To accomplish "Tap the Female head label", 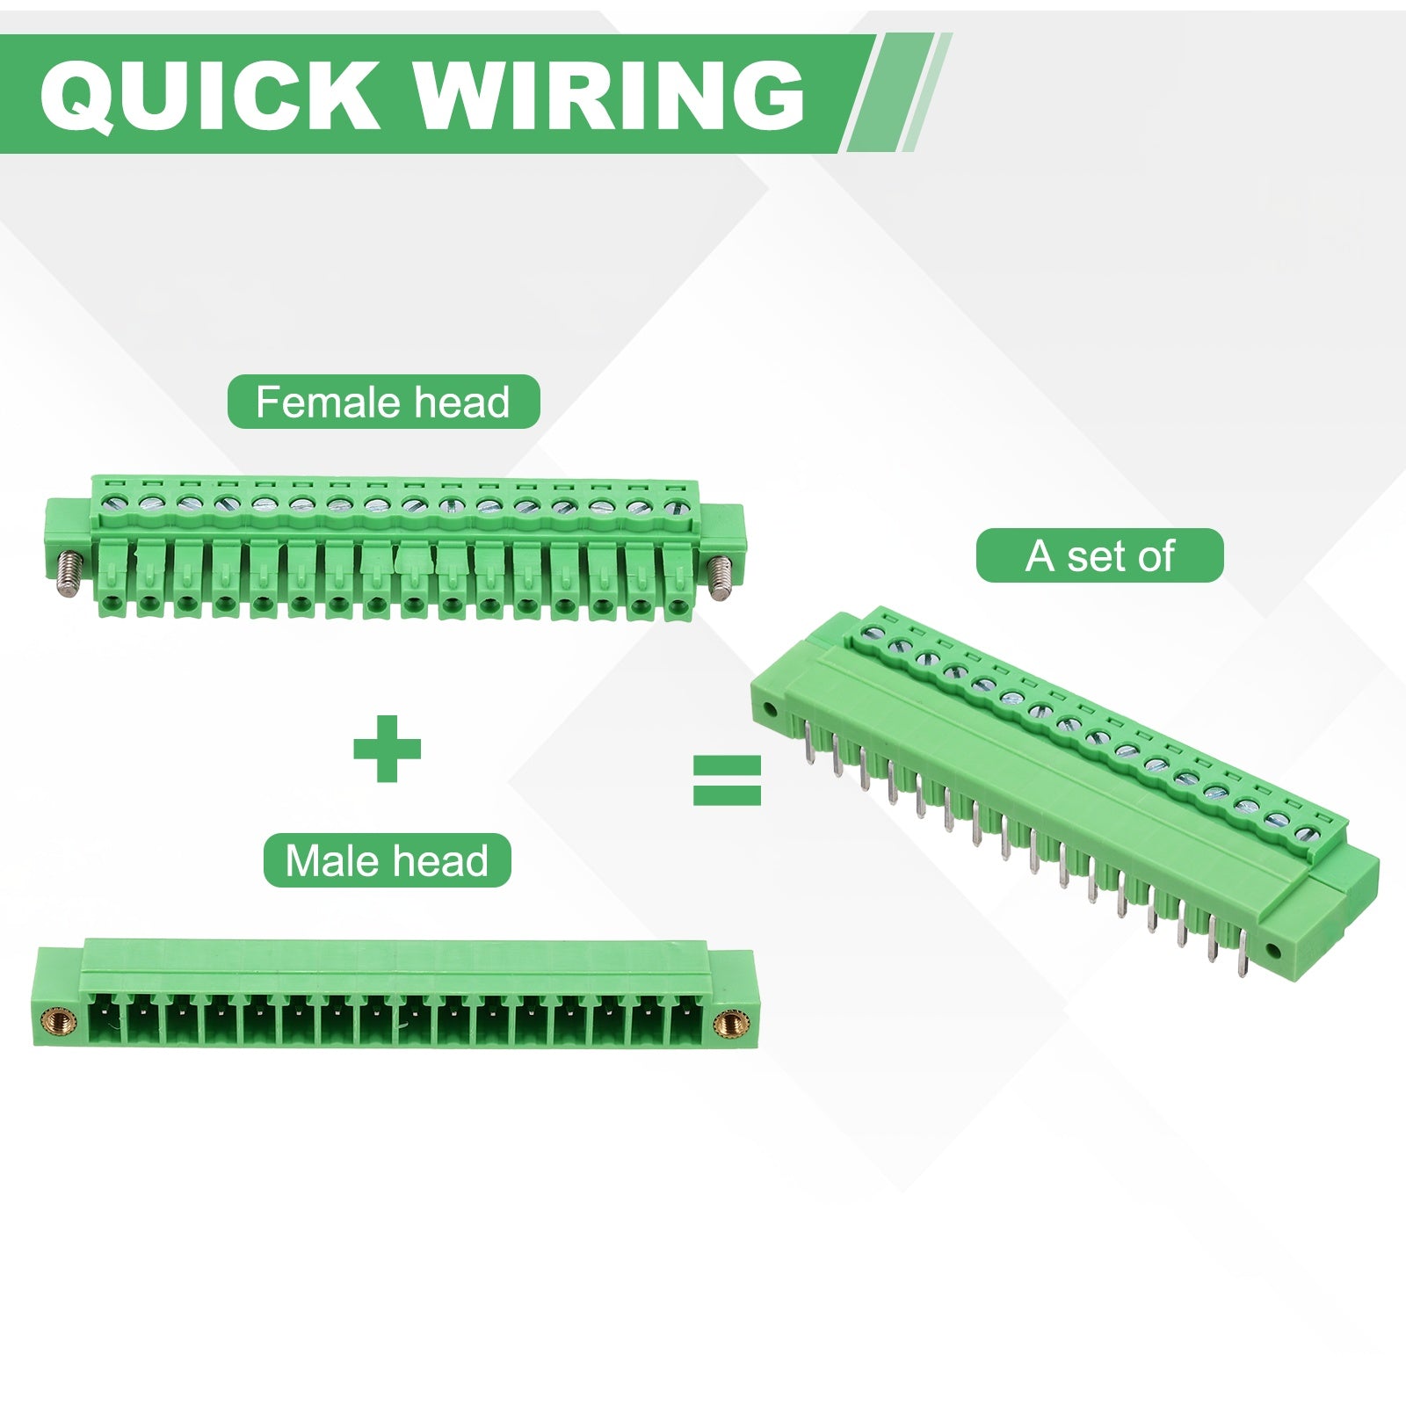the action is pyautogui.click(x=383, y=402).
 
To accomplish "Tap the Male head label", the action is pyautogui.click(x=387, y=860).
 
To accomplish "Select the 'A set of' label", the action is pyautogui.click(x=1099, y=555).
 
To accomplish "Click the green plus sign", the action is pyautogui.click(x=387, y=749).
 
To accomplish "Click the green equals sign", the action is pyautogui.click(x=727, y=780).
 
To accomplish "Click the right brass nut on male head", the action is pyautogui.click(x=728, y=1021).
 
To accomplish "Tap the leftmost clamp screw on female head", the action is pyautogui.click(x=112, y=504).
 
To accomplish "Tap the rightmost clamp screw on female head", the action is pyautogui.click(x=674, y=507).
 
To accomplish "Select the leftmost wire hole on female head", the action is pyautogui.click(x=112, y=603).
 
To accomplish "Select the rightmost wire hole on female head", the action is pyautogui.click(x=677, y=605).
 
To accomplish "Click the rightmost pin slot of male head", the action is pyautogui.click(x=686, y=1019).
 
